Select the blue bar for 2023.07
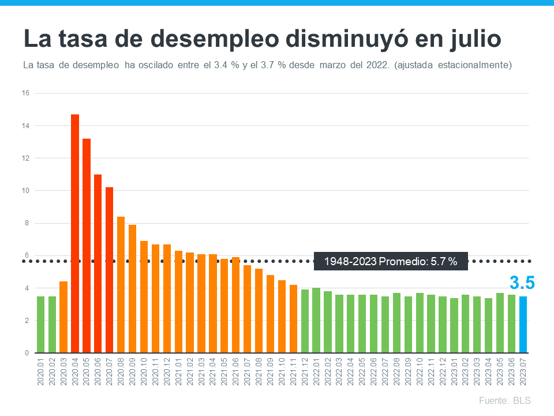[523, 324]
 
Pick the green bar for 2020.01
[40, 324]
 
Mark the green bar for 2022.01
[316, 320]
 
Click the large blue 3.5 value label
[522, 283]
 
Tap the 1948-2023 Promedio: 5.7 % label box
[391, 261]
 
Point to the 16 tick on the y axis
[25, 93]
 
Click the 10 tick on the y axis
[25, 191]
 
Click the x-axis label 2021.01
[178, 373]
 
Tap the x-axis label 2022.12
[443, 373]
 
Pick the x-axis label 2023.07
[523, 373]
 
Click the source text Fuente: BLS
[504, 400]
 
